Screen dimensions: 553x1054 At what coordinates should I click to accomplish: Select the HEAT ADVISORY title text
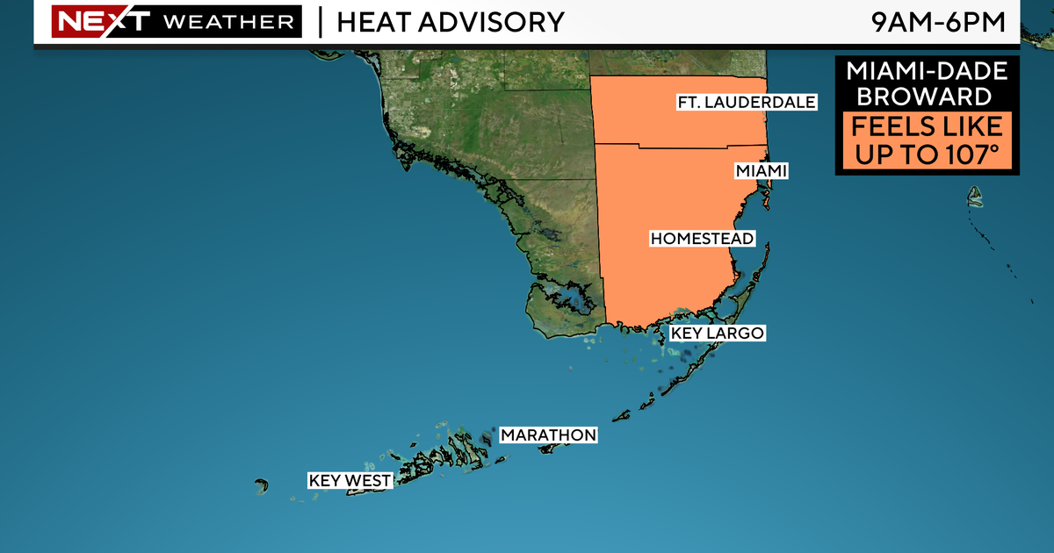point(450,22)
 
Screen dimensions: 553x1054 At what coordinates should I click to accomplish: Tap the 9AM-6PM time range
point(937,22)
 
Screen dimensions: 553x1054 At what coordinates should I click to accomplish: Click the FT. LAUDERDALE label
point(747,103)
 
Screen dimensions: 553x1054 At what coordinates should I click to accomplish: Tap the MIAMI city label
point(761,171)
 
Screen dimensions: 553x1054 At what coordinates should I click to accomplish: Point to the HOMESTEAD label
point(702,239)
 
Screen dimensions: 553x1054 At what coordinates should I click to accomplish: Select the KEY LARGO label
point(717,334)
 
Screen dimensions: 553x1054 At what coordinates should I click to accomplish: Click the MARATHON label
point(548,435)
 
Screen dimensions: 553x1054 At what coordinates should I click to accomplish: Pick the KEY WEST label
point(350,481)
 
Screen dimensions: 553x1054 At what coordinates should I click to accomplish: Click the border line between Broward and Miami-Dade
point(681,146)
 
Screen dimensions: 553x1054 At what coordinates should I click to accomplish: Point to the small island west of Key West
point(261,485)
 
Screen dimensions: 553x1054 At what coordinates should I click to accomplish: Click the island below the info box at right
point(974,198)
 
